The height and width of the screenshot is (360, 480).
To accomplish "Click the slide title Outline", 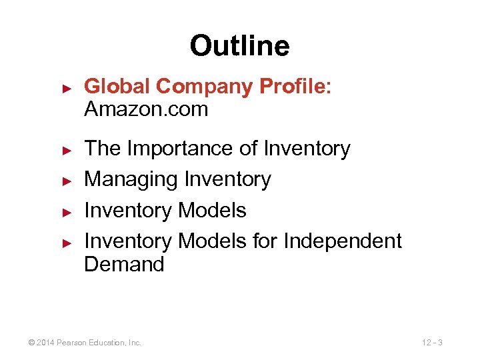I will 239,46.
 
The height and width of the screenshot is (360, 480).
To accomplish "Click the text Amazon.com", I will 146,109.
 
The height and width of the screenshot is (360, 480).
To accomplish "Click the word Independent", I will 343,241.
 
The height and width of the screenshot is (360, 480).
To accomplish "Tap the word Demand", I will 124,264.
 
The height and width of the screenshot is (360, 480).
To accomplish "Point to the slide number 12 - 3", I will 433,343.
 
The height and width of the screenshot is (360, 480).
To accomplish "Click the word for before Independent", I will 265,241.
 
